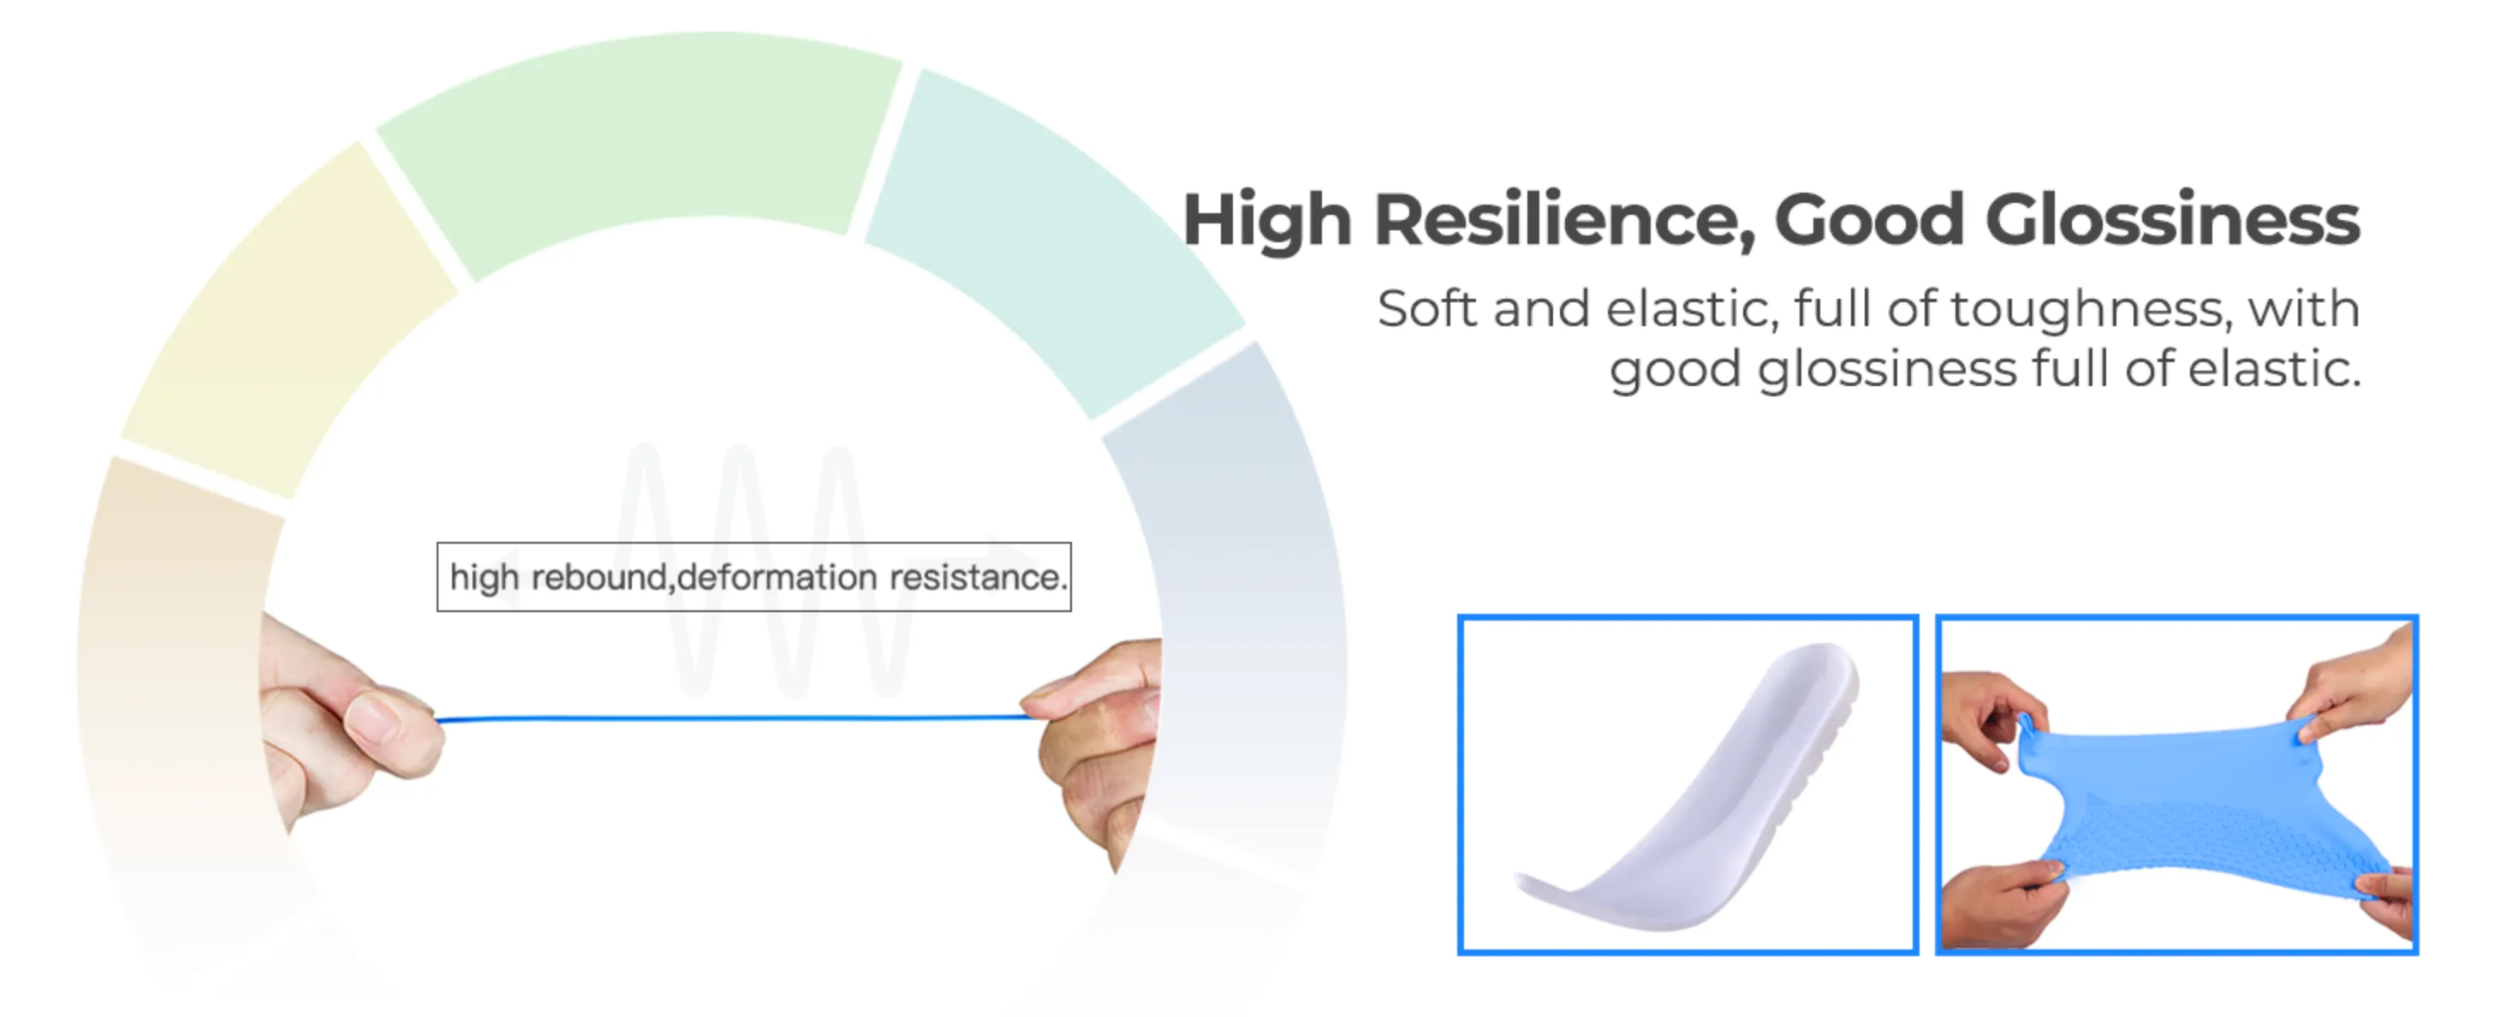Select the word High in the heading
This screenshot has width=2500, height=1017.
tap(1266, 220)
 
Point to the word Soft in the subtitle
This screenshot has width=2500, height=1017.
tap(1426, 310)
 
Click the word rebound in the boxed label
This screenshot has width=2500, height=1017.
tap(598, 577)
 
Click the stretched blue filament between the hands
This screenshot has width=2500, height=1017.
tap(728, 719)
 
